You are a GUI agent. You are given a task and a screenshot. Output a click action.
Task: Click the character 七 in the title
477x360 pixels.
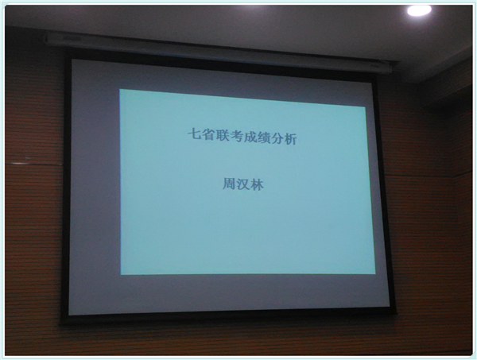point(194,134)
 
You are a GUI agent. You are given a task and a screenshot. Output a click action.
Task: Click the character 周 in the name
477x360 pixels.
point(229,184)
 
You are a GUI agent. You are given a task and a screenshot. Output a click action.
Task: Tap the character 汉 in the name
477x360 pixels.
point(242,184)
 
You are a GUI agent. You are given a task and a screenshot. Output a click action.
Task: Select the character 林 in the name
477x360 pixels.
point(257,185)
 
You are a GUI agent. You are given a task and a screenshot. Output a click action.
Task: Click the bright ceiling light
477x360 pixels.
point(419,10)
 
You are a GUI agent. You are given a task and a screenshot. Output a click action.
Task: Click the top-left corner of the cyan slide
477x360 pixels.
point(119,89)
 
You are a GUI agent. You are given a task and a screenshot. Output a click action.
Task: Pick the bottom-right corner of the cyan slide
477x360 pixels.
point(375,274)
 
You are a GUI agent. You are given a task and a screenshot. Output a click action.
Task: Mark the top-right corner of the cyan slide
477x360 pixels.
point(366,106)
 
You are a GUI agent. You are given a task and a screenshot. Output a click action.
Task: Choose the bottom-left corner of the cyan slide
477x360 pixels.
point(121,274)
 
